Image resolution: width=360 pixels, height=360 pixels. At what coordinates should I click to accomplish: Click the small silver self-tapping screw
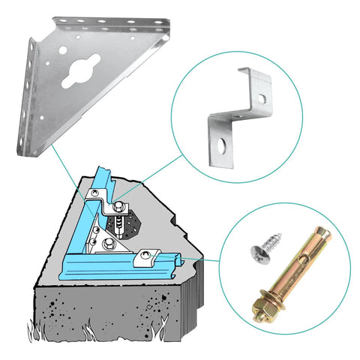coord(268,241)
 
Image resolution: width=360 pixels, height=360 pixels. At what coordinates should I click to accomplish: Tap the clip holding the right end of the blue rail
coord(145,259)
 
